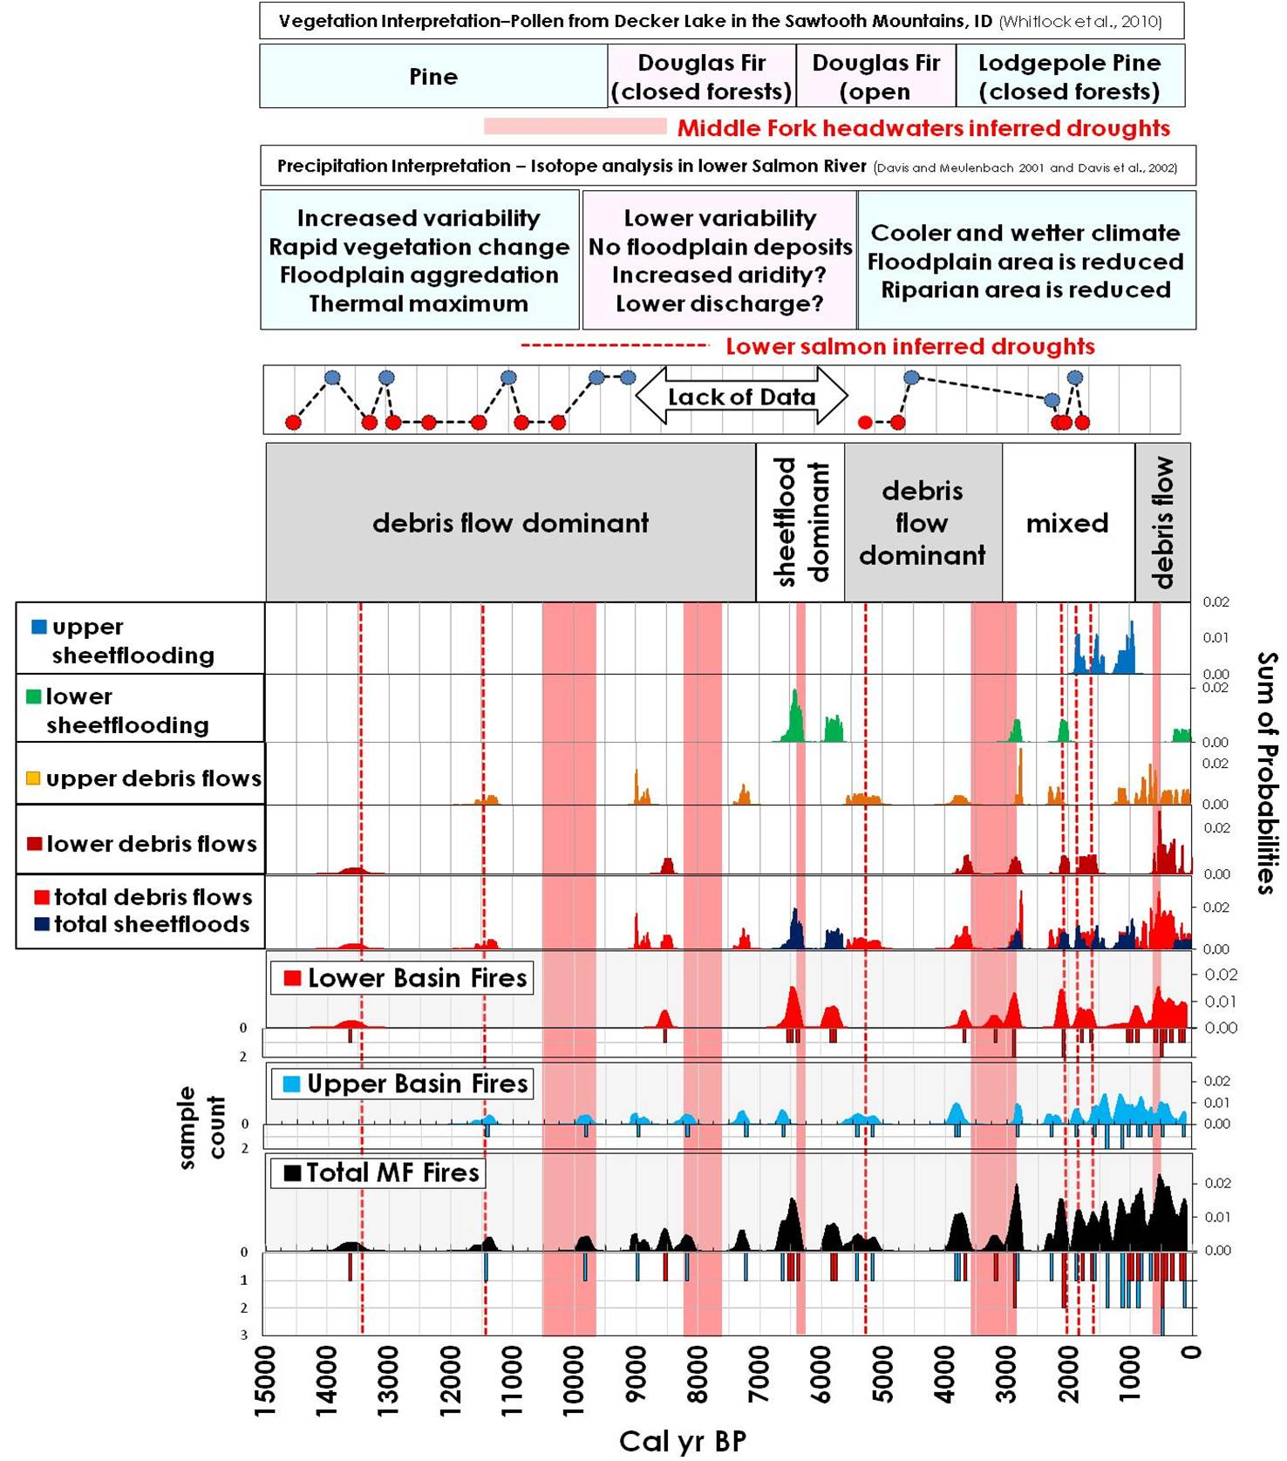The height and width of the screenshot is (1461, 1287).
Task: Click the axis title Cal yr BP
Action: tap(683, 1441)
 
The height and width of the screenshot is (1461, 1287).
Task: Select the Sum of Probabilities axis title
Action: tap(1267, 772)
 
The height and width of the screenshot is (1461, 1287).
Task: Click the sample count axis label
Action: tap(201, 1127)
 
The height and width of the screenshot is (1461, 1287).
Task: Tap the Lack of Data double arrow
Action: tap(741, 397)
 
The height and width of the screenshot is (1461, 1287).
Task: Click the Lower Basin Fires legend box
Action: tap(402, 978)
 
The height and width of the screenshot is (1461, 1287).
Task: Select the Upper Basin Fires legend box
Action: tap(402, 1084)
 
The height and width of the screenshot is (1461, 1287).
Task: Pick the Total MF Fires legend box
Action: tap(378, 1172)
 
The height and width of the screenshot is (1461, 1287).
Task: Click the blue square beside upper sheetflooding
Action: tap(38, 627)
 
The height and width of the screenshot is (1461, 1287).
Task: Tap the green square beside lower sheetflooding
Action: tap(34, 697)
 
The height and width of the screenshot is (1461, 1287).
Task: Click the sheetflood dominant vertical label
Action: tap(800, 522)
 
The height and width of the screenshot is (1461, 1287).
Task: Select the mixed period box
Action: tap(1067, 523)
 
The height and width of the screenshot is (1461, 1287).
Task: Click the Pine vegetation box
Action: tap(433, 77)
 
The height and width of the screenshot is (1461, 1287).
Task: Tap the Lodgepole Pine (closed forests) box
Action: tap(1069, 77)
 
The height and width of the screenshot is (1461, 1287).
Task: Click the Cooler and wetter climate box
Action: tap(1025, 261)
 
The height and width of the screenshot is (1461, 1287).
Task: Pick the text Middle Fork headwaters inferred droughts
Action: tap(923, 128)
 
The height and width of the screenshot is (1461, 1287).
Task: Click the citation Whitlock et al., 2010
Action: tap(1080, 22)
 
